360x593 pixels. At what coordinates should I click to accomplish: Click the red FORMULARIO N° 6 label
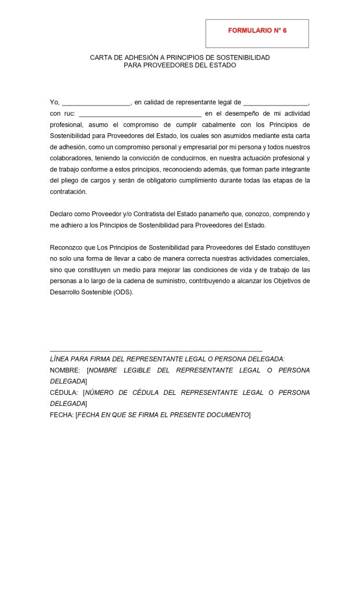257,30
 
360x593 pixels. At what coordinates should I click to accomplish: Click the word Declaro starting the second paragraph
61,214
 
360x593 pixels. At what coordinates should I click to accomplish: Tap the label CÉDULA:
64,393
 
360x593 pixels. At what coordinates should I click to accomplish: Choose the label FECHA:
61,415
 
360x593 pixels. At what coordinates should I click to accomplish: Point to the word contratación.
68,191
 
